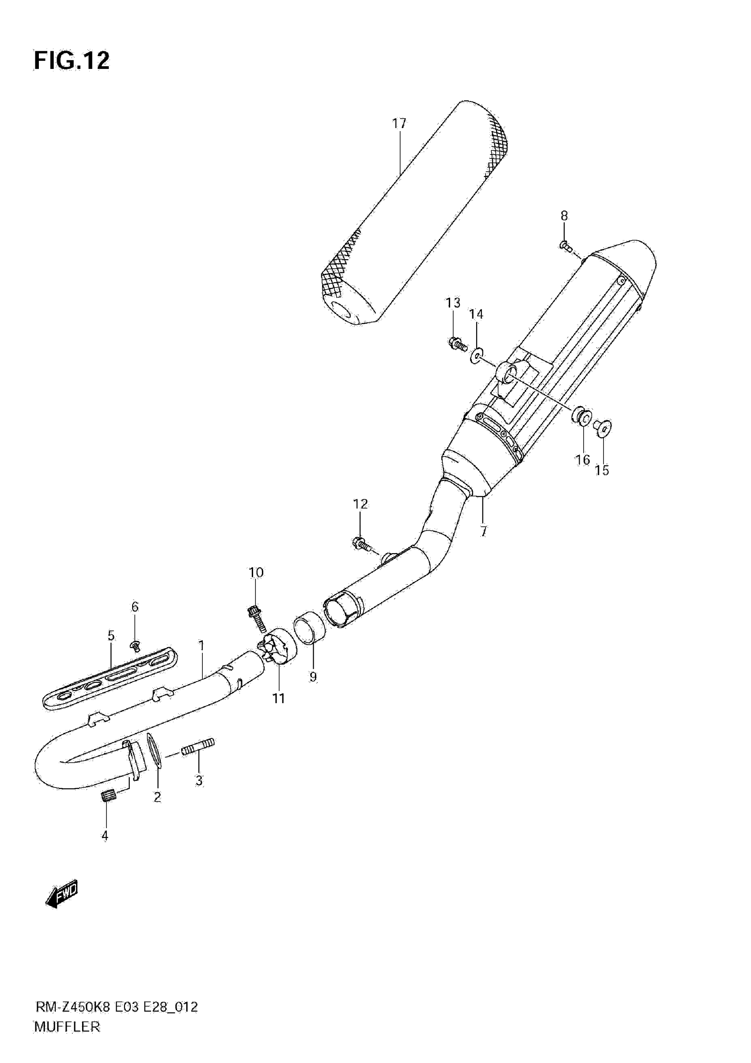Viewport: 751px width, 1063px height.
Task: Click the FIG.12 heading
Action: (x=72, y=60)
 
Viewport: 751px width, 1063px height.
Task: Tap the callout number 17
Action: (x=399, y=124)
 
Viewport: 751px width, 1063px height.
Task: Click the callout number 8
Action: (x=564, y=215)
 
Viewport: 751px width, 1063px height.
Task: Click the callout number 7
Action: (x=483, y=531)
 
